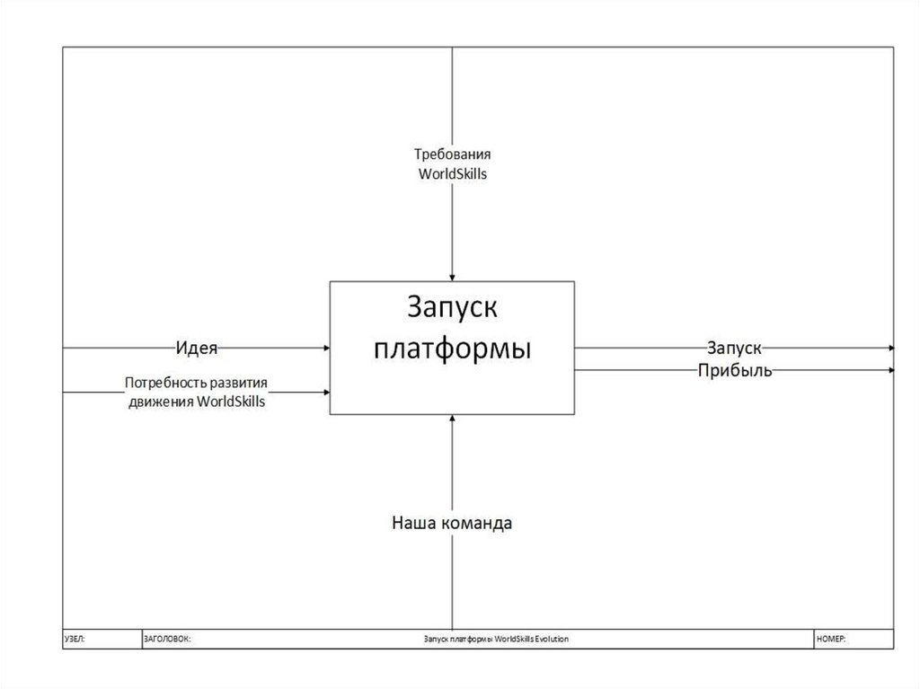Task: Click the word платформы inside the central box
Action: click(x=452, y=349)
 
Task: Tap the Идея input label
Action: click(x=197, y=347)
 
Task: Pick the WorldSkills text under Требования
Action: click(x=452, y=174)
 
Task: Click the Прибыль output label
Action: click(x=734, y=370)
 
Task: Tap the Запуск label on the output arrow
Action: click(x=734, y=348)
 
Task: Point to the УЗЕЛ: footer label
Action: click(x=75, y=638)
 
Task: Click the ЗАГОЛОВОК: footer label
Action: click(x=167, y=638)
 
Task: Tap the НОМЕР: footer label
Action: click(x=832, y=638)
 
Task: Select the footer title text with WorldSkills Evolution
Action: click(x=496, y=638)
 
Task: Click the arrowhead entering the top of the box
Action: click(x=452, y=277)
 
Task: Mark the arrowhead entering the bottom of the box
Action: click(x=452, y=420)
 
